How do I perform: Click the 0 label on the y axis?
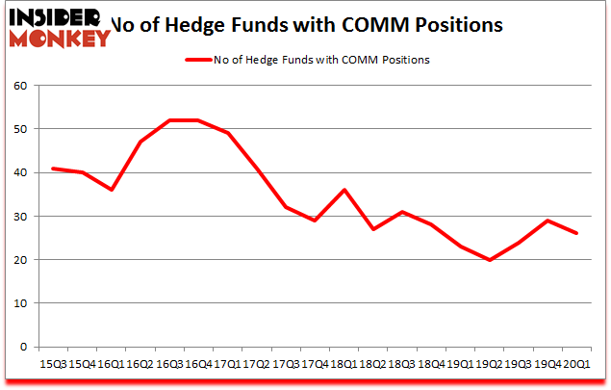(22, 347)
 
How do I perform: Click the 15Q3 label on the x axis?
(53, 364)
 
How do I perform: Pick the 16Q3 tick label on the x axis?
(169, 364)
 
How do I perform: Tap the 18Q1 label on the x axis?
(344, 364)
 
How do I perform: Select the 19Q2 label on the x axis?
(490, 364)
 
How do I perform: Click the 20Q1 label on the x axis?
(577, 364)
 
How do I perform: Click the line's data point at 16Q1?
(112, 190)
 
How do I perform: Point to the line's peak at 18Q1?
(344, 190)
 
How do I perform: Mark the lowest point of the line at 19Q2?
(490, 260)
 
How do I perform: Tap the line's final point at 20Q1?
(577, 234)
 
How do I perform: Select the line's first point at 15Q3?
(53, 169)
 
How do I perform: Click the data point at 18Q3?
(402, 212)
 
